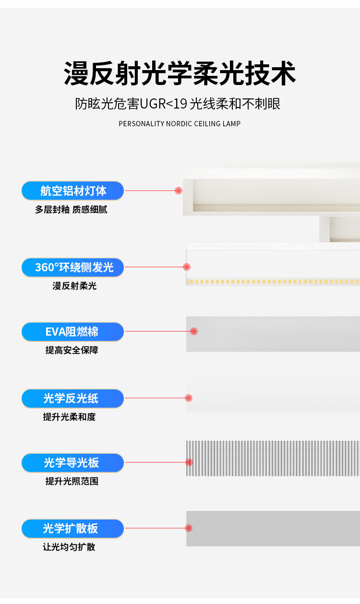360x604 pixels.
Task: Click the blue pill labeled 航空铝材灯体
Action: tap(72, 191)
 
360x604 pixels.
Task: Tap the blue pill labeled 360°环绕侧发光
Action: tap(72, 267)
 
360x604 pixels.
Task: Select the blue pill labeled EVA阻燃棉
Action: tap(72, 332)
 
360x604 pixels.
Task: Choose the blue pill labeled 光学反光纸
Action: tap(72, 399)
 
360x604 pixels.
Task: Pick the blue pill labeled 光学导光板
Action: tap(72, 463)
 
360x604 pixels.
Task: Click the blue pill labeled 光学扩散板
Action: tap(72, 529)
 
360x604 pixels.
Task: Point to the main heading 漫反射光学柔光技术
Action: tap(180, 74)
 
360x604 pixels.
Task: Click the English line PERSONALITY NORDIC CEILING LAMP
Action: tap(180, 124)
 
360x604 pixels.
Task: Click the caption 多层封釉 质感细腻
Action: tap(71, 210)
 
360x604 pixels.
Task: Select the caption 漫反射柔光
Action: tap(74, 286)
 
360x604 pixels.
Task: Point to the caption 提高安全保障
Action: tap(72, 350)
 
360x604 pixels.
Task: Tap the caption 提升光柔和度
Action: tap(69, 417)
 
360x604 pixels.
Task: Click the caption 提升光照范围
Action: tap(72, 482)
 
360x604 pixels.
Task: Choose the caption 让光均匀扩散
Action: tap(69, 547)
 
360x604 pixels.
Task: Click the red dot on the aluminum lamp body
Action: tap(179, 191)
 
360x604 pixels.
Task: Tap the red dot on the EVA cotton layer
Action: tap(194, 331)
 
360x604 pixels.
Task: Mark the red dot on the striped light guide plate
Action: tap(189, 462)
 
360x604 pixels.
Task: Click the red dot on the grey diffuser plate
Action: tap(189, 528)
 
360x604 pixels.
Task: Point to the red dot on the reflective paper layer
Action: tap(189, 398)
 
